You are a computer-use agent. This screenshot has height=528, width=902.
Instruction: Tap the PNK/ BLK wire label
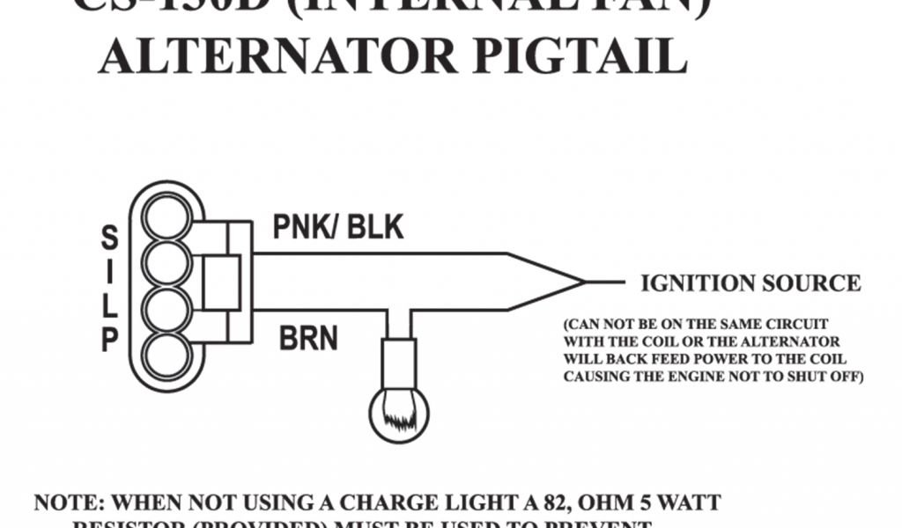[x=337, y=228]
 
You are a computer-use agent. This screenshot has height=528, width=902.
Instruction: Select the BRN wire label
[x=308, y=338]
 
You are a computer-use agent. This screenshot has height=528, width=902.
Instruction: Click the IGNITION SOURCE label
[x=750, y=283]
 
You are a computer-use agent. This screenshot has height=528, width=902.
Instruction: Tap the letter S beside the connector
[x=110, y=237]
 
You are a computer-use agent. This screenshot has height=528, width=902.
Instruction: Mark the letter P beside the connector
[x=110, y=340]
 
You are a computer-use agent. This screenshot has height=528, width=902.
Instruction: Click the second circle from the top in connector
[x=167, y=263]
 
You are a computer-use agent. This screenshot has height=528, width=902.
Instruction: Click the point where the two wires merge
[x=583, y=282]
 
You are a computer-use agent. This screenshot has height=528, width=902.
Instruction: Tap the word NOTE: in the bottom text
[x=70, y=504]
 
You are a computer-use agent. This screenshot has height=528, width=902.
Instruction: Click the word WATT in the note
[x=687, y=504]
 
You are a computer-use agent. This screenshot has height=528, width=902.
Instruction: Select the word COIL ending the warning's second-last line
[x=825, y=359]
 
